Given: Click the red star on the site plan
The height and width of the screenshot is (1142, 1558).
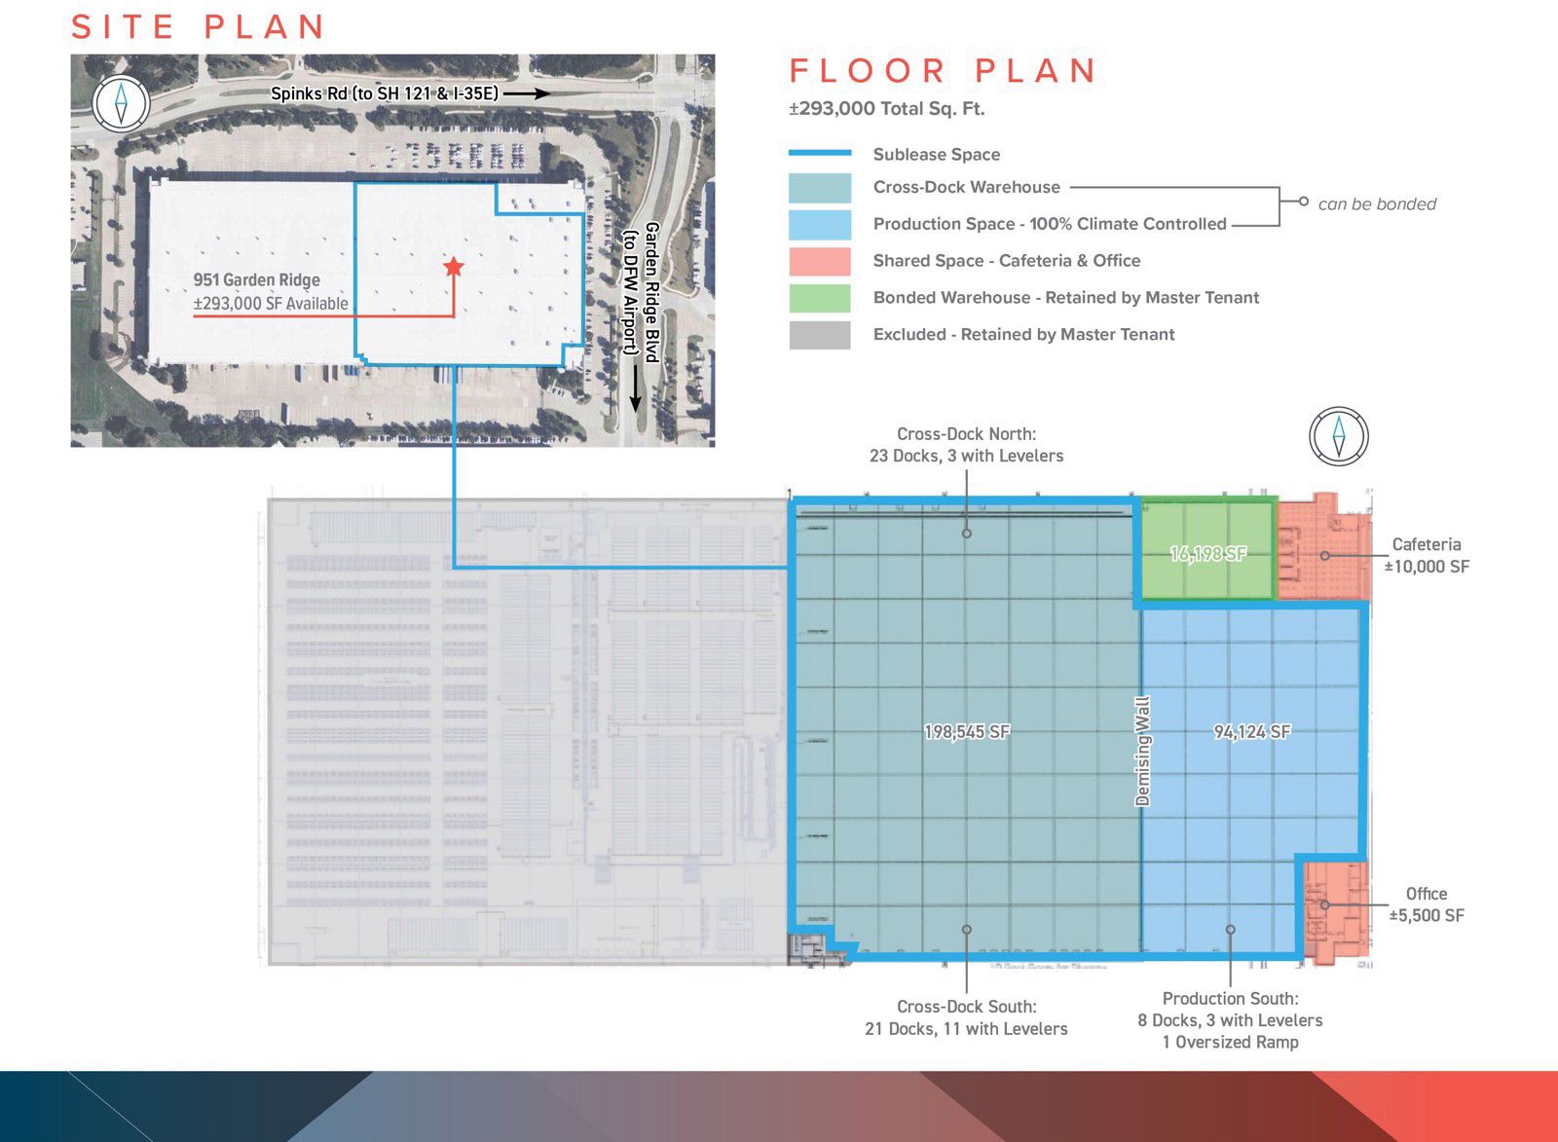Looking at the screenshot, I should pyautogui.click(x=453, y=266).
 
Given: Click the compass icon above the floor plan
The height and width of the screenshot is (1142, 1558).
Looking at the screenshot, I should pyautogui.click(x=1339, y=436).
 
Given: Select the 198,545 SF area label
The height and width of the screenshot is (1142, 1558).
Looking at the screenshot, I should pyautogui.click(x=967, y=731).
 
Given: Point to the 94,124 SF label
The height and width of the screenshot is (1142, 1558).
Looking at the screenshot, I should pyautogui.click(x=1252, y=731).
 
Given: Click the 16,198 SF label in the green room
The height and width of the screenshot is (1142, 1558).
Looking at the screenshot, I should pyautogui.click(x=1207, y=554).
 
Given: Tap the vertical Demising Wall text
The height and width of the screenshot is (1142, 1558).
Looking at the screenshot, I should pyautogui.click(x=1143, y=751).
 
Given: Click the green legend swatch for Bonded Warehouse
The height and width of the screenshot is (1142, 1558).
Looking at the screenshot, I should pyautogui.click(x=819, y=298).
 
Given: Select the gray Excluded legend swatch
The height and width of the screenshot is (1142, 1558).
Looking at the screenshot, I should pyautogui.click(x=819, y=335).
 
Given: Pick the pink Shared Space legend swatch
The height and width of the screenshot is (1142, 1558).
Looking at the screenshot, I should pyautogui.click(x=819, y=261).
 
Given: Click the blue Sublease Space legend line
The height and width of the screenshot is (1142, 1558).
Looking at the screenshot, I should pyautogui.click(x=819, y=154).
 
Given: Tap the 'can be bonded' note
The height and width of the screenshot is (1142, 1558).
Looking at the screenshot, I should pyautogui.click(x=1376, y=203).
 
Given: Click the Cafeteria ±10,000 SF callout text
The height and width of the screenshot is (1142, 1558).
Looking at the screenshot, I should pyautogui.click(x=1426, y=556).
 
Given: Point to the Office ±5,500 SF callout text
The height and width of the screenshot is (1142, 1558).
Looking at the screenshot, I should pyautogui.click(x=1426, y=904).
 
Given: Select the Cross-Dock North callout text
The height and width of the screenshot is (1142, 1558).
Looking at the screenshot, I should pyautogui.click(x=966, y=445).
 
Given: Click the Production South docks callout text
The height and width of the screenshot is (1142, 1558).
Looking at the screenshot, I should pyautogui.click(x=1230, y=1019).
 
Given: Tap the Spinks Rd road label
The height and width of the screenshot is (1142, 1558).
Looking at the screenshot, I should pyautogui.click(x=384, y=93).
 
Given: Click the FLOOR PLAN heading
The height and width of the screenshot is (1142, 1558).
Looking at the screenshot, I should pyautogui.click(x=943, y=71).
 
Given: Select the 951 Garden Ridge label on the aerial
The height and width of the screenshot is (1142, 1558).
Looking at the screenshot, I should pyautogui.click(x=256, y=280).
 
